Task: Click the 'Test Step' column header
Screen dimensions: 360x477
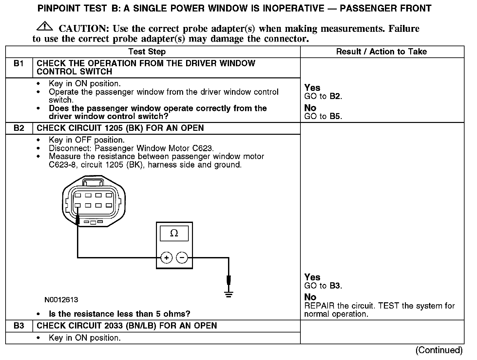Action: tap(147, 51)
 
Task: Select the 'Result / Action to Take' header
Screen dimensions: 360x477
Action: tap(381, 51)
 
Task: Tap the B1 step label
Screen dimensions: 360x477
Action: tap(19, 64)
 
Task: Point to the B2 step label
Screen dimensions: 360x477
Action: tap(19, 128)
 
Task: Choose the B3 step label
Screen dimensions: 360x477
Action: tap(19, 326)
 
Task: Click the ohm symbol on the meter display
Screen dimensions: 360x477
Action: tap(174, 233)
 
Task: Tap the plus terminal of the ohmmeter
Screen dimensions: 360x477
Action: tap(166, 258)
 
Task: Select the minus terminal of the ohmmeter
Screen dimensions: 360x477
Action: tap(182, 258)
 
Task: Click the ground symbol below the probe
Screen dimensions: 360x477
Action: tap(229, 294)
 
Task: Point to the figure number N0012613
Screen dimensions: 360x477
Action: tap(62, 300)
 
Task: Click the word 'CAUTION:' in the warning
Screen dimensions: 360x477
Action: tap(84, 29)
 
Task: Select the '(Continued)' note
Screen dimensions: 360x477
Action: tap(439, 350)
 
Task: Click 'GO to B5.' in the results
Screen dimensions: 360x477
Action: tap(323, 116)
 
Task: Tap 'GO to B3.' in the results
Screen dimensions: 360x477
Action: tap(323, 286)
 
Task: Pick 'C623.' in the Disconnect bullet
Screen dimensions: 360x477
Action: tap(203, 148)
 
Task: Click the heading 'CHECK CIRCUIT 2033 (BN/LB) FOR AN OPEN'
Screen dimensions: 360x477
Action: tap(127, 326)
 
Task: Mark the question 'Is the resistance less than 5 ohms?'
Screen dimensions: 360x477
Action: tap(119, 314)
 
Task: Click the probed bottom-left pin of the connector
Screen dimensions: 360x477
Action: tap(78, 206)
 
